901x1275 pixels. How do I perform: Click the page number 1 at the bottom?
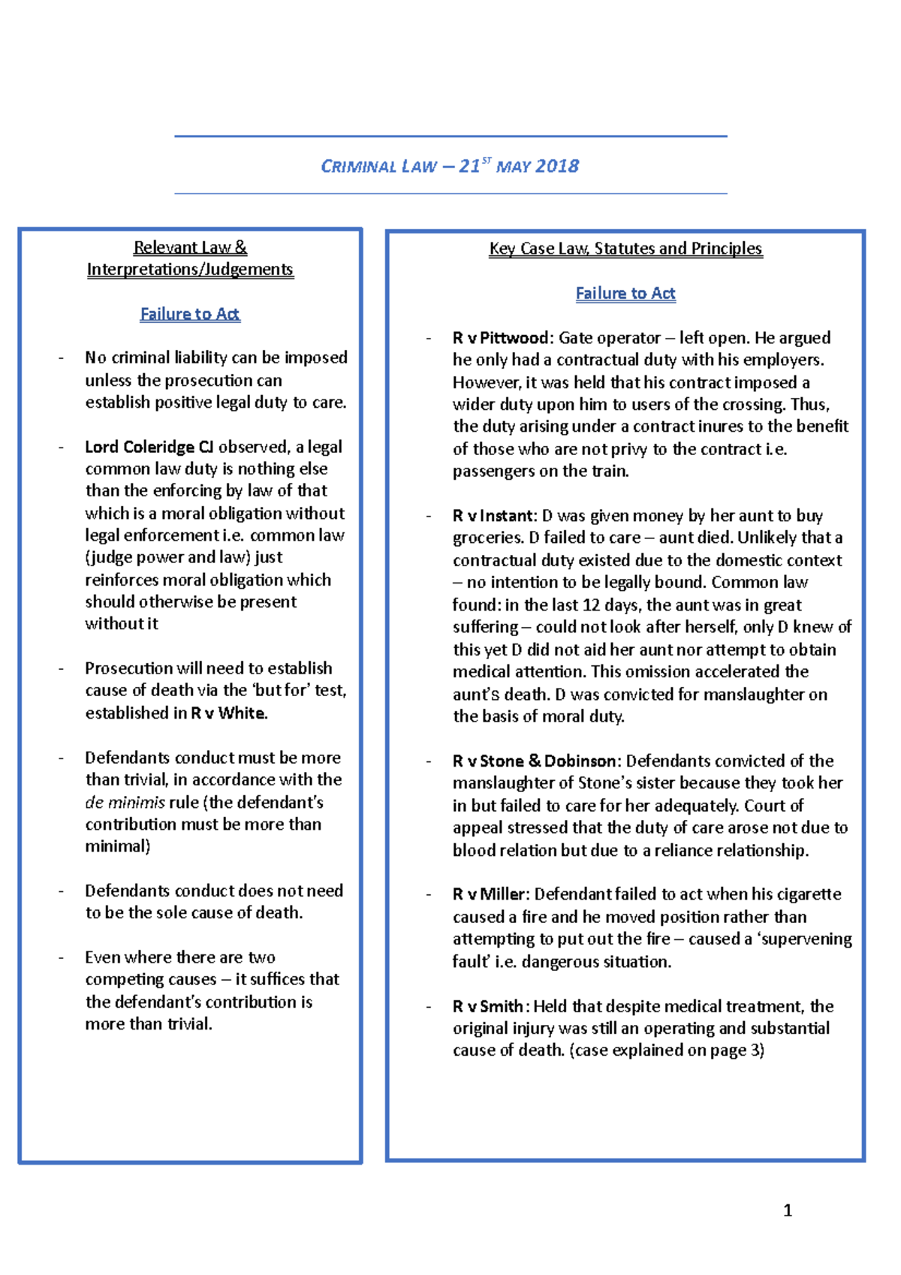pyautogui.click(x=788, y=1210)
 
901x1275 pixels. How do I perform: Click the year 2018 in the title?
pyautogui.click(x=558, y=166)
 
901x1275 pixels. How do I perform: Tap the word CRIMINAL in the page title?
pyautogui.click(x=358, y=167)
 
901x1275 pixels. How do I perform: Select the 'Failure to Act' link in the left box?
pyautogui.click(x=190, y=314)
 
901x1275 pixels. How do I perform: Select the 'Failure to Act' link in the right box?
pyautogui.click(x=625, y=294)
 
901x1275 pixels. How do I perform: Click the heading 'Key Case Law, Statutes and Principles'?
pyautogui.click(x=625, y=249)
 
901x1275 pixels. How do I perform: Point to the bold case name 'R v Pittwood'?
pyautogui.click(x=502, y=338)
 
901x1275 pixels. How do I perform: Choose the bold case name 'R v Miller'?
pyautogui.click(x=490, y=894)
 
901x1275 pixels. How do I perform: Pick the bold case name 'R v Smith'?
pyautogui.click(x=488, y=1006)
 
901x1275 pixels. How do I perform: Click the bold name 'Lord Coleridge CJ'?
pyautogui.click(x=149, y=447)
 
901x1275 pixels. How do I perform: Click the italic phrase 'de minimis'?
pyautogui.click(x=125, y=802)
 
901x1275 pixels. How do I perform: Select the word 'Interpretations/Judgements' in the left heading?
pyautogui.click(x=190, y=270)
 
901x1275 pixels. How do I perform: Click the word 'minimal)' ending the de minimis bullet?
pyautogui.click(x=117, y=846)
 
